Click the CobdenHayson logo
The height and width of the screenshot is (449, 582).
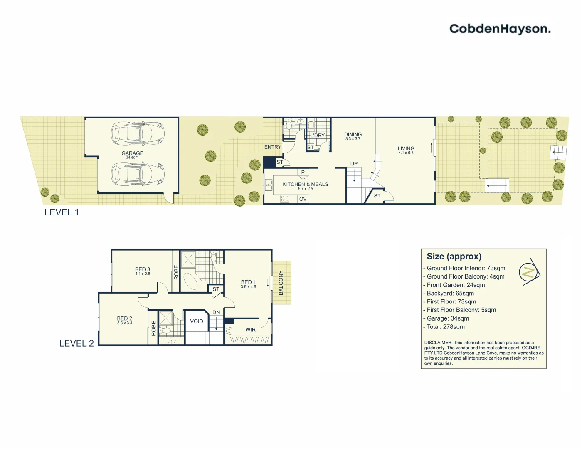(x=500, y=29)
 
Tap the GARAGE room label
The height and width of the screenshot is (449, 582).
(x=132, y=153)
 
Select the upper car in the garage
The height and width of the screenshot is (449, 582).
(x=138, y=133)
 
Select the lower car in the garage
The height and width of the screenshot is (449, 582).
(x=138, y=174)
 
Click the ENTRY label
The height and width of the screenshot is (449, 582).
(x=273, y=147)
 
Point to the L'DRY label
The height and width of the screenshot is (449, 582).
(x=317, y=136)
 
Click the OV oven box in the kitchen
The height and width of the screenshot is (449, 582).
(x=303, y=199)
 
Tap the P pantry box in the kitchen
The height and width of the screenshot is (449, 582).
(x=303, y=173)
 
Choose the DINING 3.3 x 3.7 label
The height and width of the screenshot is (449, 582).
(x=353, y=136)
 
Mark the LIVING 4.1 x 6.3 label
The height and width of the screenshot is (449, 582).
(x=406, y=150)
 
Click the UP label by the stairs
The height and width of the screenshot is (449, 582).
(x=354, y=164)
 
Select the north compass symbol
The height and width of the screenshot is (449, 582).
(x=529, y=272)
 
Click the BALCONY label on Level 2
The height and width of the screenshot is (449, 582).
(x=281, y=283)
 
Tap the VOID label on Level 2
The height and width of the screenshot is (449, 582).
(x=197, y=321)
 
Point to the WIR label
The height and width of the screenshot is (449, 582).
(x=250, y=330)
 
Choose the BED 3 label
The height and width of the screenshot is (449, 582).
(x=143, y=271)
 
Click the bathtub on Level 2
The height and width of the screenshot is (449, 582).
(x=192, y=281)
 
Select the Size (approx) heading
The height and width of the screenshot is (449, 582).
(x=454, y=257)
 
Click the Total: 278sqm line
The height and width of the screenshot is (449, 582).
(x=446, y=327)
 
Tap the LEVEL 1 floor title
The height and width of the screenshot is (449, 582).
(x=62, y=212)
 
